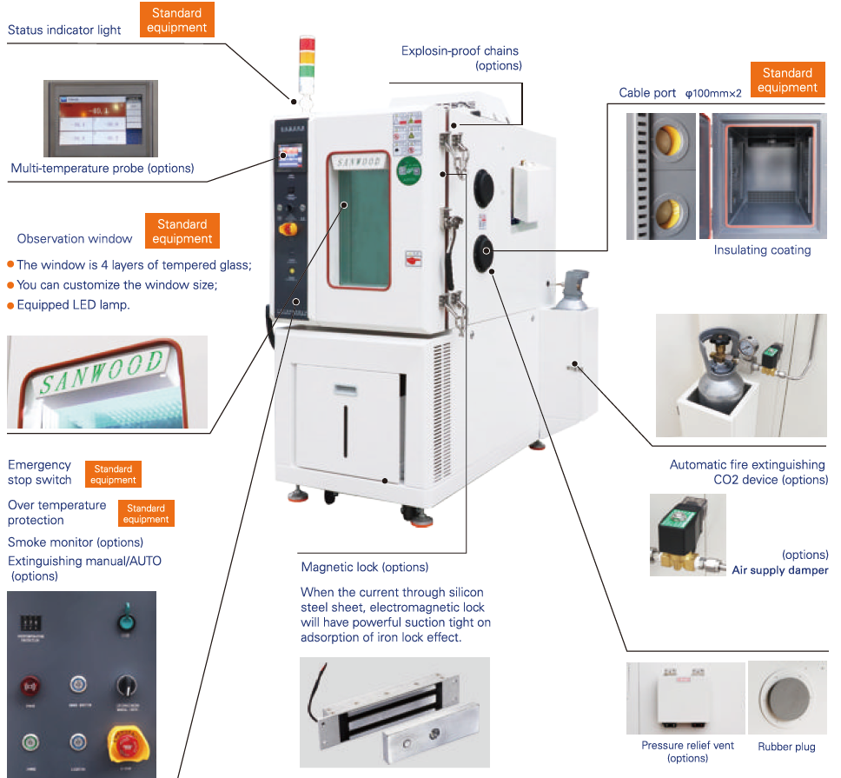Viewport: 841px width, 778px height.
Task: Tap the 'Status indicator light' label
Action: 64,30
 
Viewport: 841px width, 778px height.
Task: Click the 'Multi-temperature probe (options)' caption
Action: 103,168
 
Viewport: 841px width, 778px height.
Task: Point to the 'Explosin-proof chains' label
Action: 460,51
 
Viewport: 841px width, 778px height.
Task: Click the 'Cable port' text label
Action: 647,93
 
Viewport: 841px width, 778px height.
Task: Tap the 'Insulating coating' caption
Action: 762,250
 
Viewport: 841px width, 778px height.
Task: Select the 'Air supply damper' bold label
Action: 779,570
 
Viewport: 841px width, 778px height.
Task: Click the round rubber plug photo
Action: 786,699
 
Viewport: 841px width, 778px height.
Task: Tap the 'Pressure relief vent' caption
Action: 687,746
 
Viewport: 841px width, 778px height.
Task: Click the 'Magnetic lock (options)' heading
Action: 364,568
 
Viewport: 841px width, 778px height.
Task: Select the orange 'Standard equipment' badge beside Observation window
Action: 182,231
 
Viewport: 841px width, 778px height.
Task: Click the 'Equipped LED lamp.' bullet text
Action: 73,305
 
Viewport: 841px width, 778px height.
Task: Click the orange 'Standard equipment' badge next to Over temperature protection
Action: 146,514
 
